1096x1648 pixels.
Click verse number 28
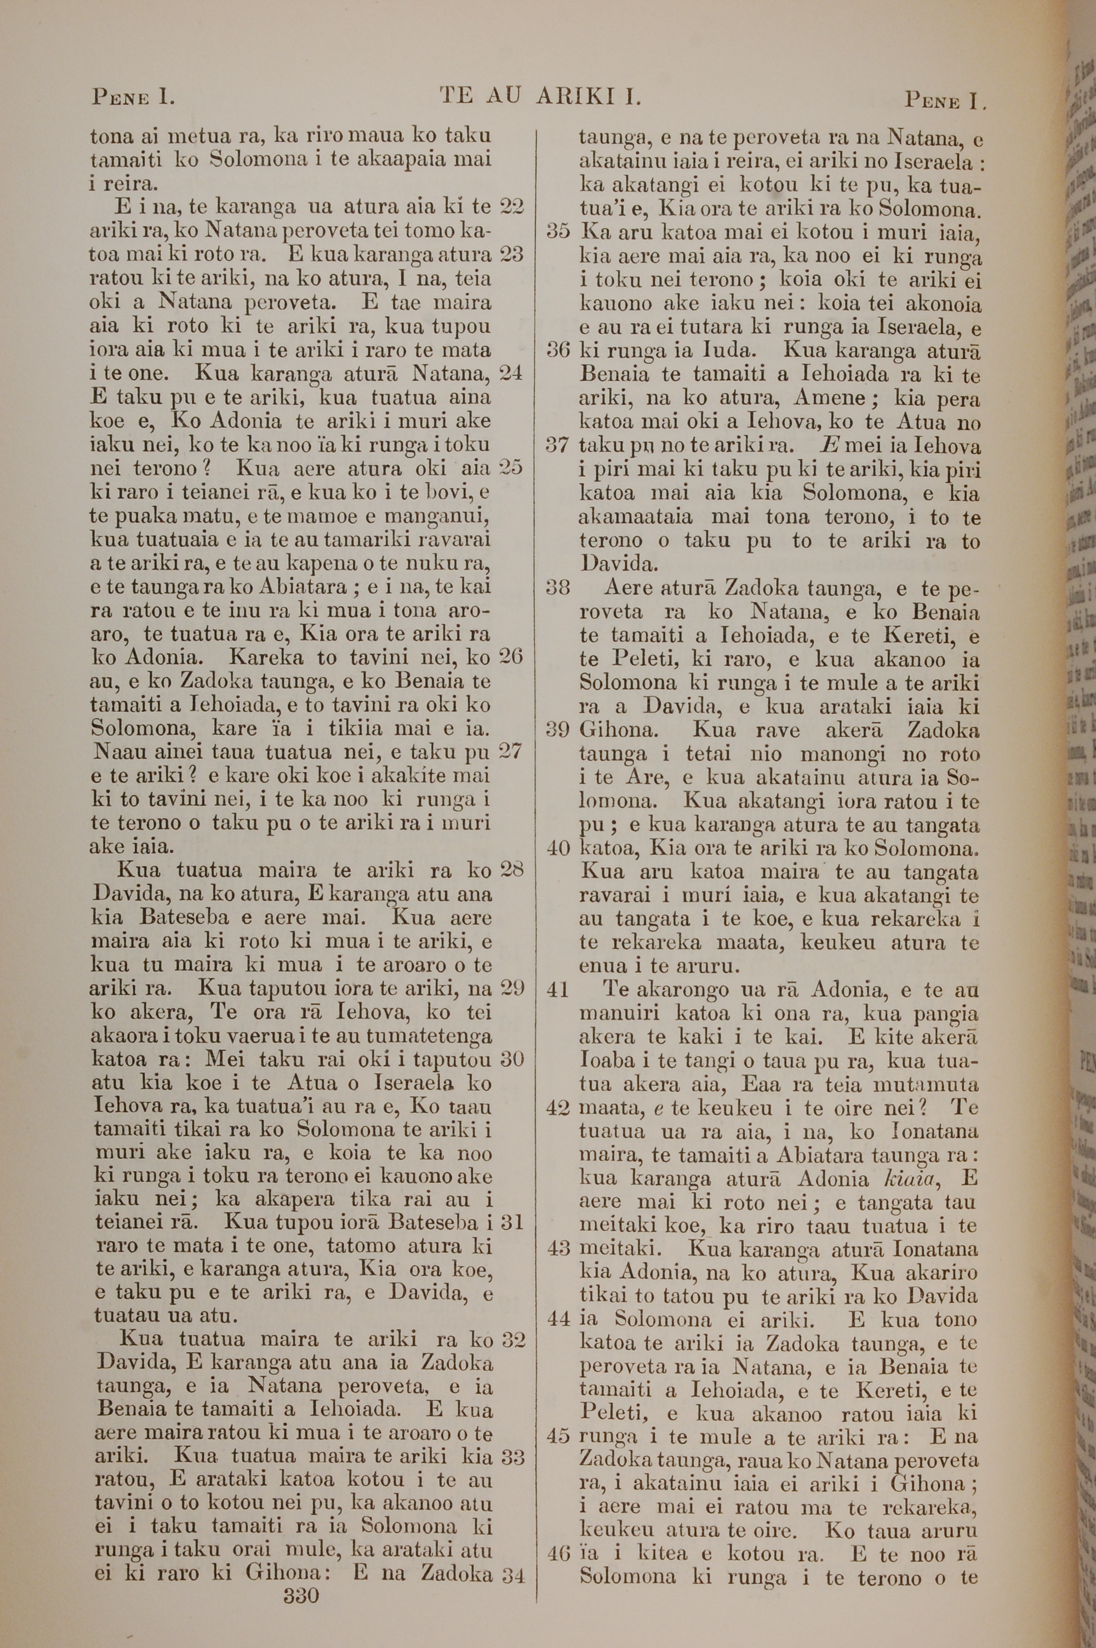tap(512, 871)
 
